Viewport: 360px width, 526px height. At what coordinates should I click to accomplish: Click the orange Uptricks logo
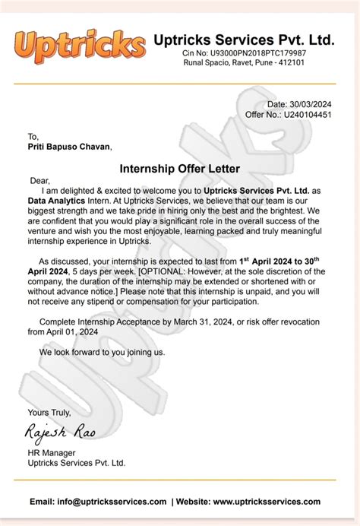click(x=79, y=46)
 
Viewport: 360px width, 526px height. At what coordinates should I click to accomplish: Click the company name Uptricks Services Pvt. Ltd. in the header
click(x=244, y=40)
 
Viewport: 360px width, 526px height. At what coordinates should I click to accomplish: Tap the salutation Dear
click(x=39, y=181)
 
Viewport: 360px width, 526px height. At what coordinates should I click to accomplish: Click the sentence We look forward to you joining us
click(x=102, y=353)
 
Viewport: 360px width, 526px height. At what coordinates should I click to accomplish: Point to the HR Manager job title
click(x=50, y=452)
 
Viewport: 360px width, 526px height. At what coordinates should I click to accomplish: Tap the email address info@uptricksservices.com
click(x=109, y=502)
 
